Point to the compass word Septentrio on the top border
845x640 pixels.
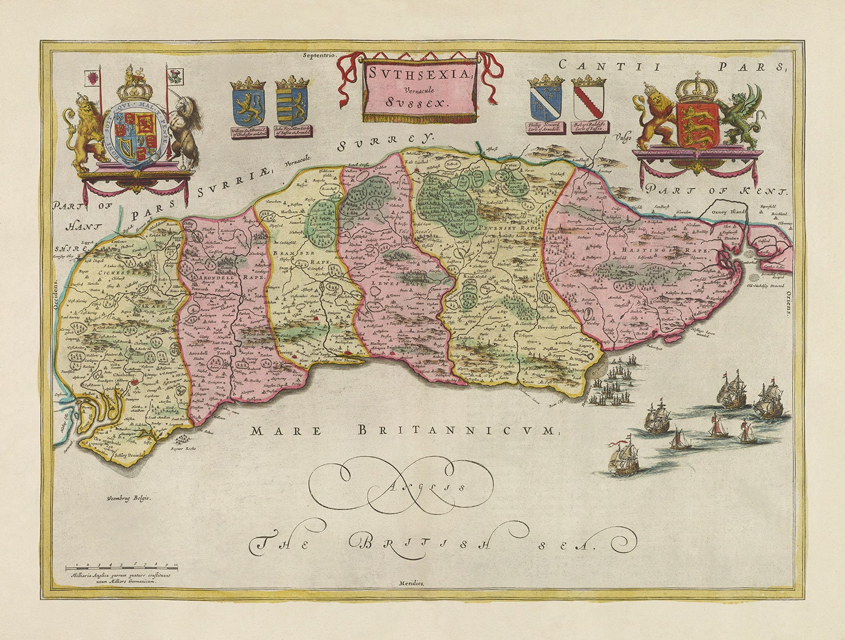(x=319, y=55)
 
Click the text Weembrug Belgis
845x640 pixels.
(x=128, y=498)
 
